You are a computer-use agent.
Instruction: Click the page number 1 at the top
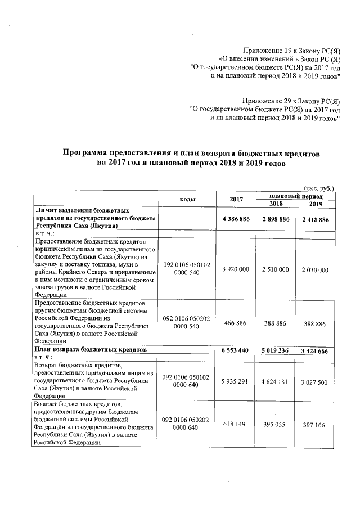(x=192, y=33)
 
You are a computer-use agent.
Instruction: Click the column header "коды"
(x=187, y=199)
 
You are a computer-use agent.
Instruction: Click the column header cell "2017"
(x=237, y=199)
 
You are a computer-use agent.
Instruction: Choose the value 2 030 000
(x=314, y=270)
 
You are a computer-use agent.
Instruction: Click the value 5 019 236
(x=275, y=350)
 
